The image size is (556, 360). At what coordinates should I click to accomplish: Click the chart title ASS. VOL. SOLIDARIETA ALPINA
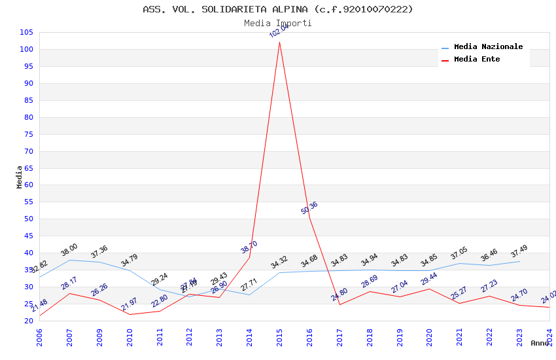tap(278, 9)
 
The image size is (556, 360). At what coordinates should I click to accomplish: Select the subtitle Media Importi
tap(278, 24)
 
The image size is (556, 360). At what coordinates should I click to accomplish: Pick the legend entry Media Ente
tap(477, 60)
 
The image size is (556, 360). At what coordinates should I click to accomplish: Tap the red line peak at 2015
tap(279, 43)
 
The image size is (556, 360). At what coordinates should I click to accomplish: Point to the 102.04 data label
tap(279, 30)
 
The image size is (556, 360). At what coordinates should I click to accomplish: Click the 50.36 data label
tap(309, 208)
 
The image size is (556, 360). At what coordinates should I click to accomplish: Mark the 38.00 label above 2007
tap(69, 249)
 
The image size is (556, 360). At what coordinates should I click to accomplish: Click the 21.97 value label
tap(130, 304)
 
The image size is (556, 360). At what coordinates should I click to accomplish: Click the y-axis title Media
tap(20, 177)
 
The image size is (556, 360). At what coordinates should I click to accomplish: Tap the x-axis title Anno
tap(540, 343)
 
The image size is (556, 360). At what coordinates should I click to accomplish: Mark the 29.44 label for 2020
tap(429, 279)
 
